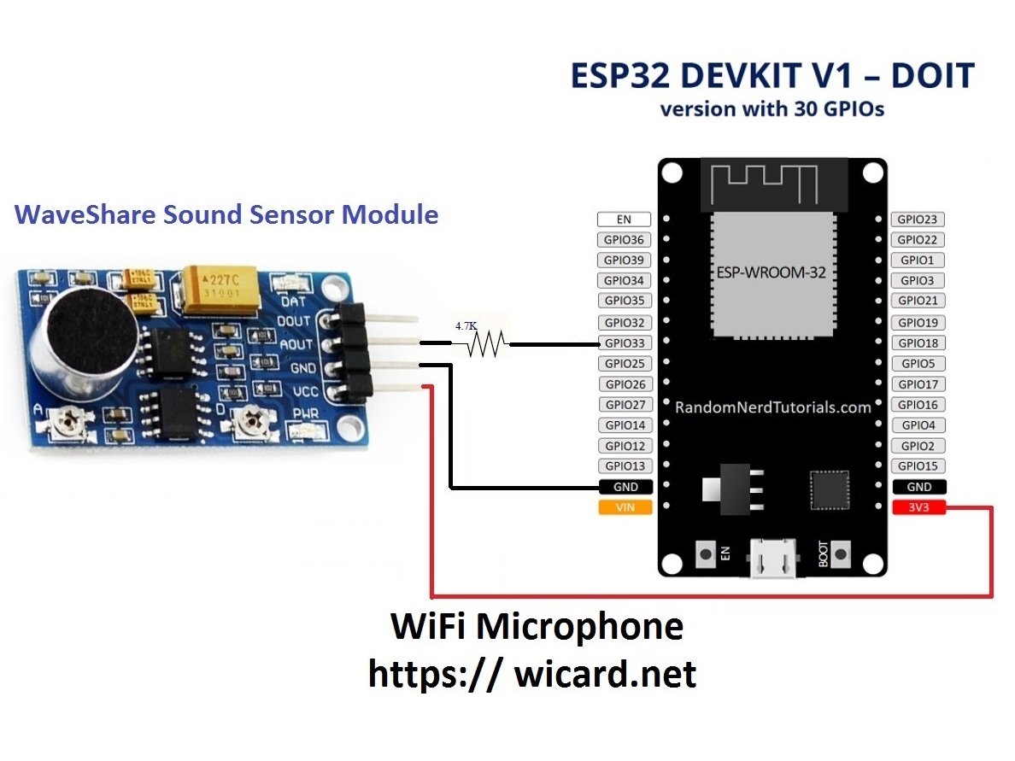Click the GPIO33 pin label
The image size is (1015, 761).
coord(625,343)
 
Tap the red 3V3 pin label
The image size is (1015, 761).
coord(918,508)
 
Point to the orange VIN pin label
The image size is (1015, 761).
coord(625,507)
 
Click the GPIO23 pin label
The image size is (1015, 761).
coord(918,220)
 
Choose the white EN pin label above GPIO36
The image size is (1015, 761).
coord(625,220)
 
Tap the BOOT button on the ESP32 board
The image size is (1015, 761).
coord(844,553)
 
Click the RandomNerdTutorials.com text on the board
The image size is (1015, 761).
coord(772,407)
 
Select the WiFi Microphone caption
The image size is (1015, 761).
coord(537,627)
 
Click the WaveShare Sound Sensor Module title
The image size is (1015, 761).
coord(226,214)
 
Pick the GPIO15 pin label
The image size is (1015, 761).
coord(918,466)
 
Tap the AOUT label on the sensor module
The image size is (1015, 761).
coord(296,343)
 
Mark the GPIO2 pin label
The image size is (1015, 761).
coord(918,446)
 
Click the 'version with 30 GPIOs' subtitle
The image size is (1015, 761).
coord(772,109)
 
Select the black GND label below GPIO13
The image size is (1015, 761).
coord(625,487)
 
